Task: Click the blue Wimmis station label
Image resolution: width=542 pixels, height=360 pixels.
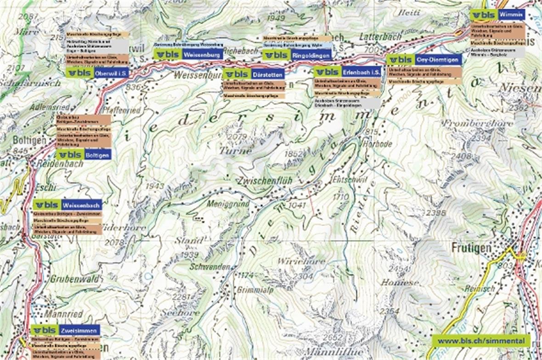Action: [x=511, y=15]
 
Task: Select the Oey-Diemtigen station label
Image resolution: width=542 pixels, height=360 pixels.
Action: [x=438, y=60]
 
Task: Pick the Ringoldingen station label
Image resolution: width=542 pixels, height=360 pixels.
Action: [x=311, y=56]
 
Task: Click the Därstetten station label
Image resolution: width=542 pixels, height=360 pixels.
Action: [x=267, y=74]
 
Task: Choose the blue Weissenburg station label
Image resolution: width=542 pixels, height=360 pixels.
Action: [x=202, y=54]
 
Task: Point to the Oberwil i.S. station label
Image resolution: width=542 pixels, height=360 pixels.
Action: [x=112, y=73]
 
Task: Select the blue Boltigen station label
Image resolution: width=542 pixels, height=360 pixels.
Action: [x=97, y=155]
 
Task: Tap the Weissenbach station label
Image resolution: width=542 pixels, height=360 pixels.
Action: [x=81, y=205]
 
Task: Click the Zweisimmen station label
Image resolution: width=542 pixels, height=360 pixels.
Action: [x=78, y=330]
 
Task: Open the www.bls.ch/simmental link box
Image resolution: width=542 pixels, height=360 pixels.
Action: [x=480, y=341]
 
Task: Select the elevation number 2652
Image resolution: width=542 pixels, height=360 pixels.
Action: [x=333, y=338]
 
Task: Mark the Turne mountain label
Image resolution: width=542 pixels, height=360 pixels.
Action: [x=235, y=150]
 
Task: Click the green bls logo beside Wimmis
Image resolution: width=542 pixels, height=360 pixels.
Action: [x=483, y=15]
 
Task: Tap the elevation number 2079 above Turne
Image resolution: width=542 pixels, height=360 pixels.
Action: [x=237, y=136]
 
